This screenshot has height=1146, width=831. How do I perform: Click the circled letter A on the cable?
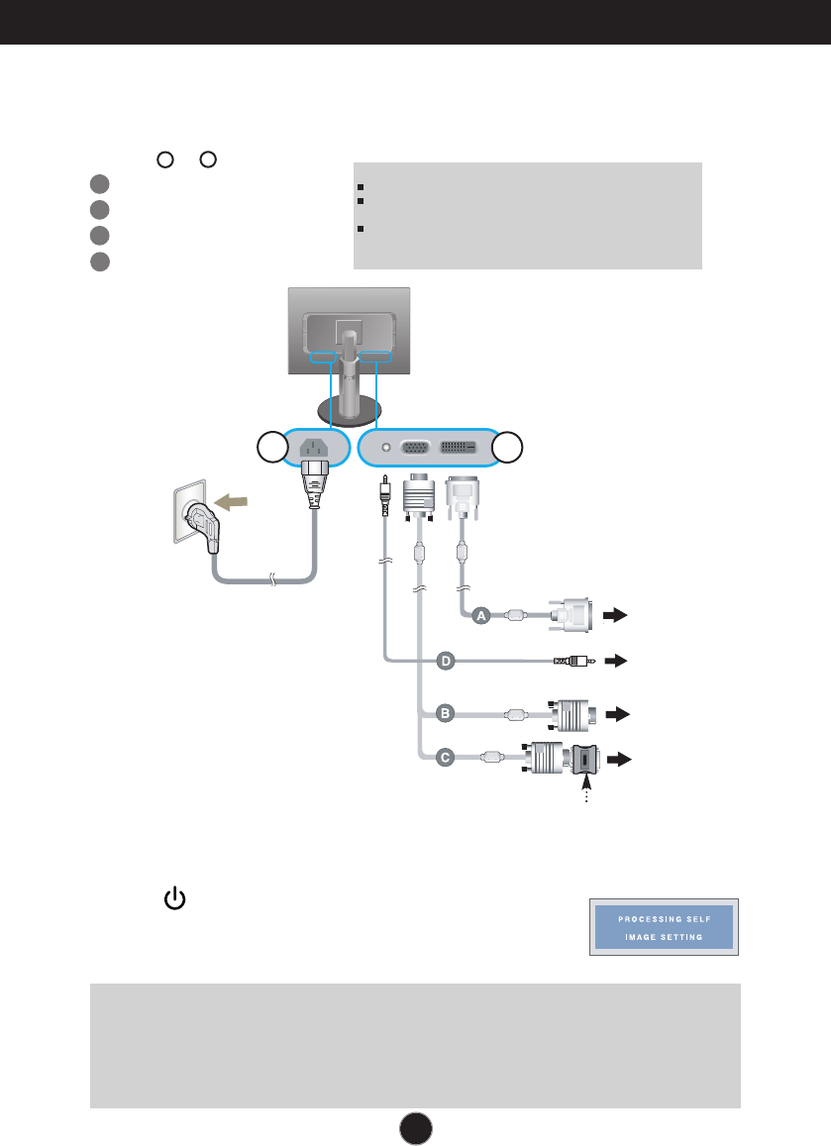tap(480, 616)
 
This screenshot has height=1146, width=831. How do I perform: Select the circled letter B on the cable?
tap(445, 712)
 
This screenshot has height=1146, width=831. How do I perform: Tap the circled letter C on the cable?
tap(445, 758)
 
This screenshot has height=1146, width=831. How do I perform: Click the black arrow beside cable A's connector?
tap(615, 615)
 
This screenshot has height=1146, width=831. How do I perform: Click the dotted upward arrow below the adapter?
tap(584, 793)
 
